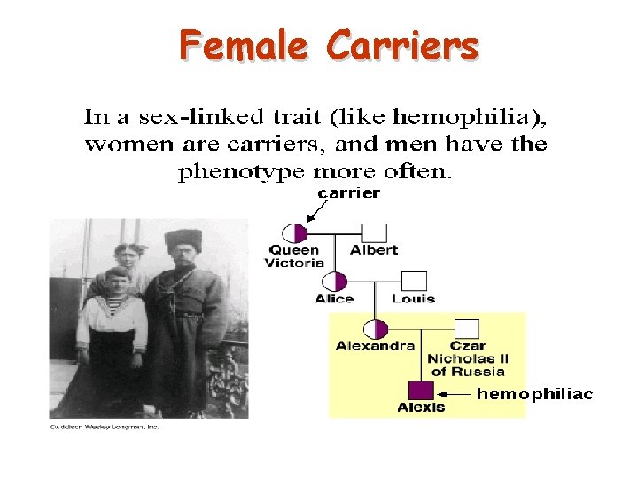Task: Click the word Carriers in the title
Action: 402,44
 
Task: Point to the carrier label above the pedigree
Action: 349,192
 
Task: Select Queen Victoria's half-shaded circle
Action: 294,234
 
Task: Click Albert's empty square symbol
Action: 374,234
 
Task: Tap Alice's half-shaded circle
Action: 334,282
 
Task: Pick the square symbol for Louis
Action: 414,282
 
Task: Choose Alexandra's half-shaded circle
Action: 376,329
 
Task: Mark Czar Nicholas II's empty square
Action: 467,329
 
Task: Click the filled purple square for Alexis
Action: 420,390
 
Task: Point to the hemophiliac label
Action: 534,394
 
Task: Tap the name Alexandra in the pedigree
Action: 375,346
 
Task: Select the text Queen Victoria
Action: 293,256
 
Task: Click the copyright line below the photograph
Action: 103,427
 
